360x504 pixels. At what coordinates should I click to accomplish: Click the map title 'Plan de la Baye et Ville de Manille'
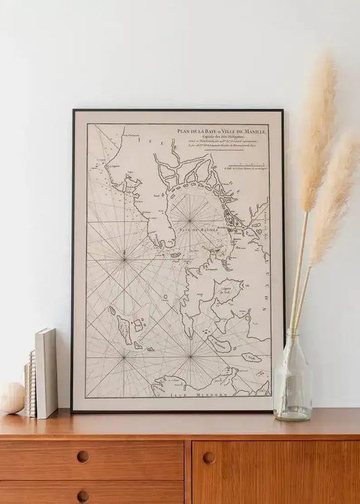pos(222,132)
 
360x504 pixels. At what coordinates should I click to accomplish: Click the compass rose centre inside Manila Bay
pos(189,220)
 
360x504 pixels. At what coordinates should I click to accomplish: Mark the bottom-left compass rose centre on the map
pos(124,356)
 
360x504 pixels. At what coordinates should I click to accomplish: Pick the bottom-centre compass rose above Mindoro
pos(190,356)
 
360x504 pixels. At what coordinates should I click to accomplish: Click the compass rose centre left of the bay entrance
pos(124,255)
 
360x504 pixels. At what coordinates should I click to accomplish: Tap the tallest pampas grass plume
pos(317,128)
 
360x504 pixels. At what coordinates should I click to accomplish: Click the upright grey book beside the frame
pos(47,373)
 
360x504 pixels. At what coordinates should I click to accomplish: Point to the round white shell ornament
pos(11,398)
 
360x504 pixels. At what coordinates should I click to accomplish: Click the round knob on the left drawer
pos(82,457)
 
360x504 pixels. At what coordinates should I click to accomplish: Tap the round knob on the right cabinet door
pos(209,457)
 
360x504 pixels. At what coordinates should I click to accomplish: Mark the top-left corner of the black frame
pos(73,110)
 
